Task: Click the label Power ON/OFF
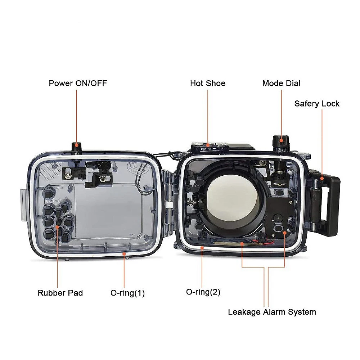click(78, 83)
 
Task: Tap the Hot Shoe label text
click(208, 83)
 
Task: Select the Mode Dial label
click(281, 83)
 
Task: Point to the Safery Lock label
click(317, 104)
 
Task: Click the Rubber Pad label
click(60, 293)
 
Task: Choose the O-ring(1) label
click(128, 293)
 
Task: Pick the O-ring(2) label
click(203, 292)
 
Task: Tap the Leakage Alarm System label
click(272, 312)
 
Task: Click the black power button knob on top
click(76, 147)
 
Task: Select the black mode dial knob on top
click(280, 141)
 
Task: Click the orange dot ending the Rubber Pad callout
click(57, 227)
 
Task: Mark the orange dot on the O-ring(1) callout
click(124, 254)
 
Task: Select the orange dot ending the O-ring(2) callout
click(202, 248)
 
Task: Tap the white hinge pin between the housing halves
click(170, 205)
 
